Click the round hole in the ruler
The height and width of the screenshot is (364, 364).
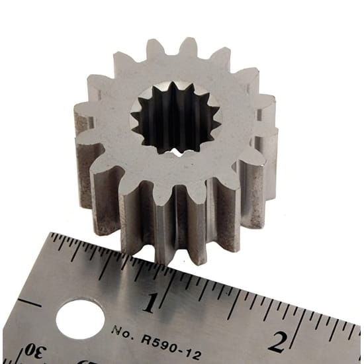(x=80, y=319)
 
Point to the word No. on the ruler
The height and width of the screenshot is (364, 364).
(x=122, y=332)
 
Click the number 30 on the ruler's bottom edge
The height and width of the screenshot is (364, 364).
(x=35, y=351)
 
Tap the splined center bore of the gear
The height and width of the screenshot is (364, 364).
(x=176, y=118)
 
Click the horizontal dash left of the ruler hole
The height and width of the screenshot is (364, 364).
(x=30, y=302)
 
